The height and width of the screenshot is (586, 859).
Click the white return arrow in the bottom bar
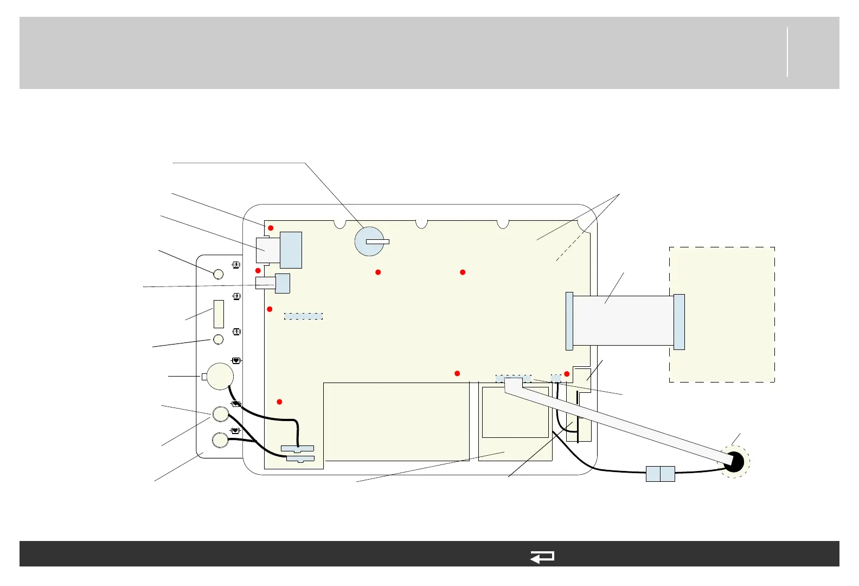542,557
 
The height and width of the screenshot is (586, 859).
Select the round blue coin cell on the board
369,241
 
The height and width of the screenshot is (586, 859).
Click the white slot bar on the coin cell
377,241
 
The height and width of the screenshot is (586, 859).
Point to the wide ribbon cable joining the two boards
623,320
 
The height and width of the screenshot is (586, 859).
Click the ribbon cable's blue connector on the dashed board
679,322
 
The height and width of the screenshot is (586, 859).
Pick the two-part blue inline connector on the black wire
661,474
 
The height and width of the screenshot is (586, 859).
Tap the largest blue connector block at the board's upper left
291,250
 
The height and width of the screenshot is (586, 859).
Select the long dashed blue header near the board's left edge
304,316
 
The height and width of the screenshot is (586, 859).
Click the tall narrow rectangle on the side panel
219,314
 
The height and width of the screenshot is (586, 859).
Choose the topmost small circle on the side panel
218,273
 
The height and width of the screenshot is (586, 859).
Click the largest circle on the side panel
221,376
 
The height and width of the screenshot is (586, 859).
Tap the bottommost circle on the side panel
220,439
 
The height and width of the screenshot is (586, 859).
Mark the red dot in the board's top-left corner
271,228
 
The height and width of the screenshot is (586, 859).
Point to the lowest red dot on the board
279,402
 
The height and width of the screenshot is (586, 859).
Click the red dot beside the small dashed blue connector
567,374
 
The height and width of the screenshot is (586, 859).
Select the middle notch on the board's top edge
421,224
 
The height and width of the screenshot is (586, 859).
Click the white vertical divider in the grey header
787,52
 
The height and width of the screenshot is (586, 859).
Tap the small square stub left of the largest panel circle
204,377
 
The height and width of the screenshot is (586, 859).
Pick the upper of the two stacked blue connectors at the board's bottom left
297,449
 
